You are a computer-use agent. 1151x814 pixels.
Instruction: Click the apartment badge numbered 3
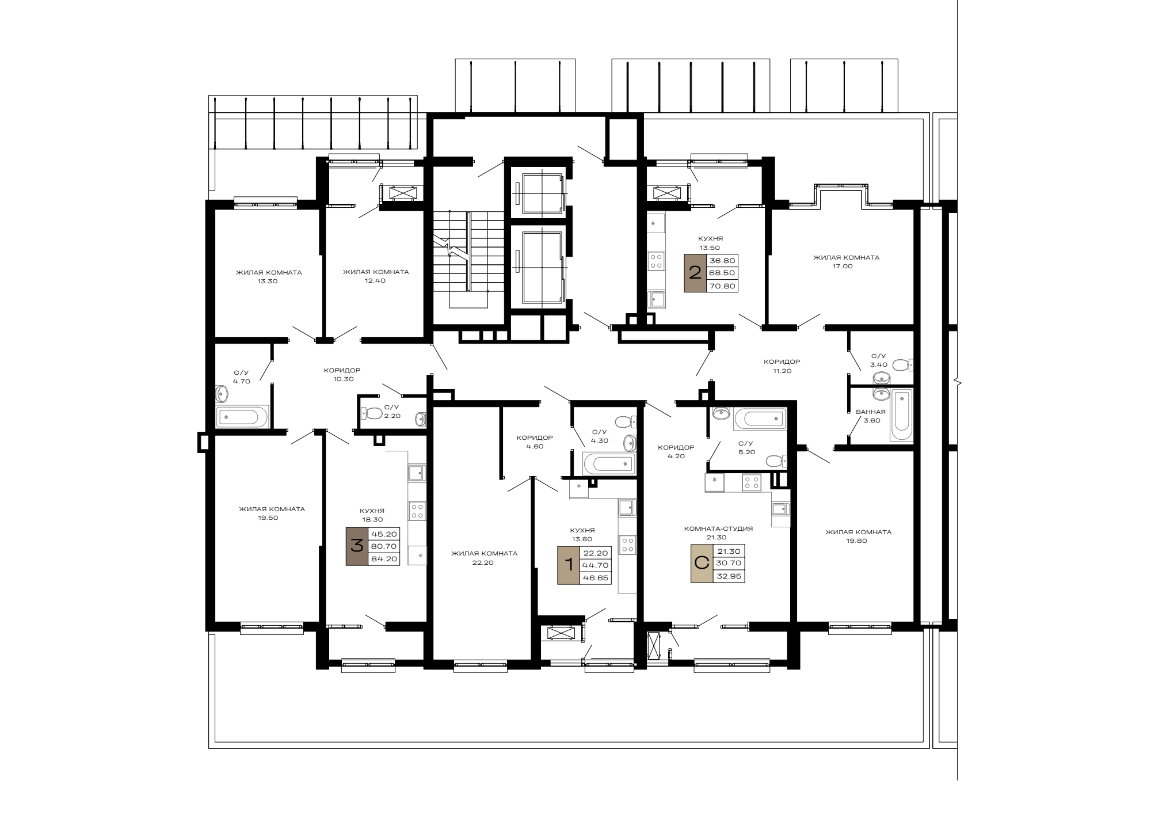pyautogui.click(x=357, y=546)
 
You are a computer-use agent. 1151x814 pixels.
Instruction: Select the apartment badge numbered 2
pyautogui.click(x=695, y=273)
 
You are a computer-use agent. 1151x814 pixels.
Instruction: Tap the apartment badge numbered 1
pyautogui.click(x=569, y=565)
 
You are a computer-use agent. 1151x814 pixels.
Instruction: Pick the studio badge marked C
pyautogui.click(x=702, y=564)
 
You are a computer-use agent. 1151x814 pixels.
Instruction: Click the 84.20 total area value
pyautogui.click(x=383, y=558)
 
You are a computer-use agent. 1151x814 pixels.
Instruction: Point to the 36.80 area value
pyautogui.click(x=722, y=261)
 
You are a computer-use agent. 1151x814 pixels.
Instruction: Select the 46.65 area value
pyautogui.click(x=595, y=578)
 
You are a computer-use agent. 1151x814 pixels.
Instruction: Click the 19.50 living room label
pyautogui.click(x=272, y=513)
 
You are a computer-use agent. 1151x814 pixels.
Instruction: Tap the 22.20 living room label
pyautogui.click(x=484, y=558)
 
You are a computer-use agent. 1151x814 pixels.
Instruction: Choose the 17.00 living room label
pyautogui.click(x=846, y=262)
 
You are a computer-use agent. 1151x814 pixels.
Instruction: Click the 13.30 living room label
pyautogui.click(x=268, y=277)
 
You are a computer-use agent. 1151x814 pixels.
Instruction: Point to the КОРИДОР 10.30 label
pyautogui.click(x=342, y=375)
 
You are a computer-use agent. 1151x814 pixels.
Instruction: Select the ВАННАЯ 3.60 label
pyautogui.click(x=871, y=416)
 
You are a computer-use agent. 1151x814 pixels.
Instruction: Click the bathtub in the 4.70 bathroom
pyautogui.click(x=242, y=417)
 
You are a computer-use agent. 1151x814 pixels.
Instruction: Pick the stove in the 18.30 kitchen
pyautogui.click(x=418, y=511)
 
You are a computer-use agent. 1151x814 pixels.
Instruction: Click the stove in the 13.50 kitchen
pyautogui.click(x=656, y=262)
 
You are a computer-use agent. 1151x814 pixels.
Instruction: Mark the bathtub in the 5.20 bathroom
pyautogui.click(x=760, y=419)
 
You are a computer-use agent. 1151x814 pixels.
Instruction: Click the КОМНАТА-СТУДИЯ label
pyautogui.click(x=718, y=528)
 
